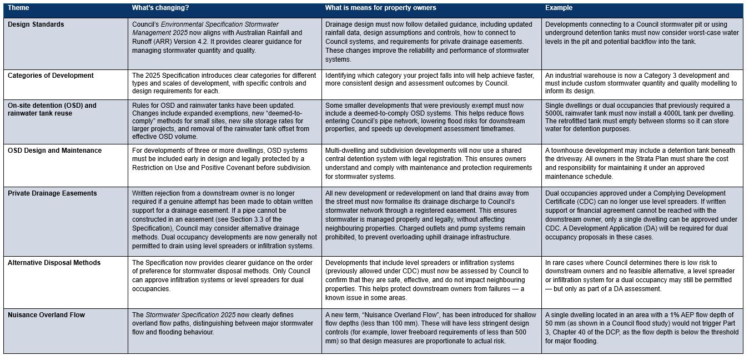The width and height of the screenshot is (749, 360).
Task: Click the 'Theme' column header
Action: coord(18,8)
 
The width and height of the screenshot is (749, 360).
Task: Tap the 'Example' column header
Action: coord(559,8)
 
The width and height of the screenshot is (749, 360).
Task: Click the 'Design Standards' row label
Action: coord(36,24)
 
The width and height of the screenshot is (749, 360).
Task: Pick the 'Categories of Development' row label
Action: coord(51,76)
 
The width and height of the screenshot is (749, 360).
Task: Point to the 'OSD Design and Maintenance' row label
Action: coord(54,151)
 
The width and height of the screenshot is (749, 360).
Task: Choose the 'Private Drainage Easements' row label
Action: coord(52,193)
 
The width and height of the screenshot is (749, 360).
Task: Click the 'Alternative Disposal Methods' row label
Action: coord(54,263)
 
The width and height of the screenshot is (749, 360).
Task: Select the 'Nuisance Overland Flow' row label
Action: coord(46,315)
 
